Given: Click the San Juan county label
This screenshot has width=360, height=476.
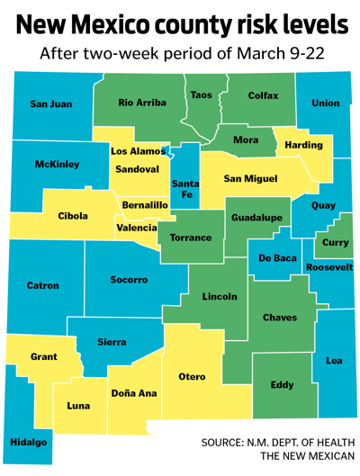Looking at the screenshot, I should [50, 103].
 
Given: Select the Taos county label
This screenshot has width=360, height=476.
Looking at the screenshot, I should [202, 94].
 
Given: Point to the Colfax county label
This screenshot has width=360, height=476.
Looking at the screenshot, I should [263, 95].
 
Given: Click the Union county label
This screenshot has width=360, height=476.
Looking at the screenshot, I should [325, 103].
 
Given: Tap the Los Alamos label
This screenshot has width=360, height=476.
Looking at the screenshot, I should [138, 151].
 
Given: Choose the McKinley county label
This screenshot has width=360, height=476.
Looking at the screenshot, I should [57, 165].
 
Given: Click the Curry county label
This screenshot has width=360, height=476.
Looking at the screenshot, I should [335, 242].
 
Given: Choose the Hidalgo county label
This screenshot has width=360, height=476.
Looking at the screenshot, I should [30, 443].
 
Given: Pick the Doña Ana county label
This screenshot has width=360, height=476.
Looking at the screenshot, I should [134, 392].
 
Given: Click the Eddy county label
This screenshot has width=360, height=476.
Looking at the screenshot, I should [282, 385].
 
